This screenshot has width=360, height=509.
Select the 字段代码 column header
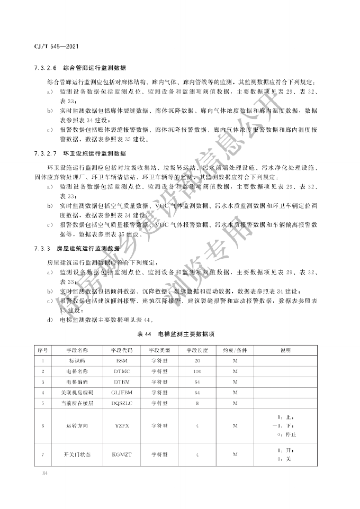click(122, 350)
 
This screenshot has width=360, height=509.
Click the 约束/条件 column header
click(235, 350)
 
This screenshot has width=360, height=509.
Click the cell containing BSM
click(122, 360)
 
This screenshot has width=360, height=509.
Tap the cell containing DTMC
click(122, 371)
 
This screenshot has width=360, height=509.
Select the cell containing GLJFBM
click(122, 393)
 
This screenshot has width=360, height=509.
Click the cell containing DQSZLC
click(122, 403)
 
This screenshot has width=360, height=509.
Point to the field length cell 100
click(197, 371)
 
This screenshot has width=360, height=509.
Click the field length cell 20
click(197, 360)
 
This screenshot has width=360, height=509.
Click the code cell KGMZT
click(122, 454)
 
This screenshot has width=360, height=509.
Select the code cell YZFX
click(122, 425)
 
